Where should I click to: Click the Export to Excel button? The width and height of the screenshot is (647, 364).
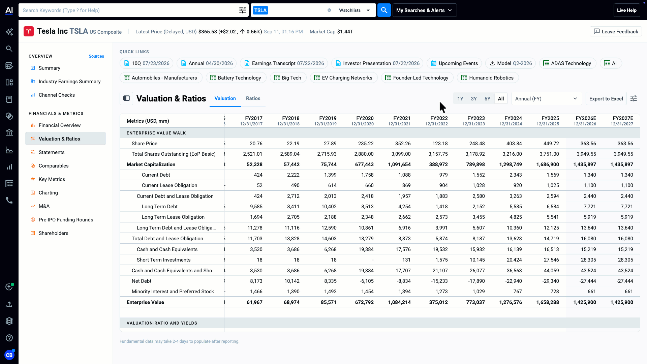[606, 98]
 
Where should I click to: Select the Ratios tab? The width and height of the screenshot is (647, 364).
[253, 98]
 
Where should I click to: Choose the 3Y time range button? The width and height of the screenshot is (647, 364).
[474, 98]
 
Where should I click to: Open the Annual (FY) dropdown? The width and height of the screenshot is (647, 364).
[547, 98]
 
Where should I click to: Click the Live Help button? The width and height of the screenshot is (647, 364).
[627, 10]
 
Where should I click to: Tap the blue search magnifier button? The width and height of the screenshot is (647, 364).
[384, 10]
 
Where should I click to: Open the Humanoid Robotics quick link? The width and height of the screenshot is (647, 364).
[488, 78]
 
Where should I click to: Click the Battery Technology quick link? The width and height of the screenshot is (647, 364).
[236, 78]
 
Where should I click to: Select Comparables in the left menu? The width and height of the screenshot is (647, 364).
[54, 166]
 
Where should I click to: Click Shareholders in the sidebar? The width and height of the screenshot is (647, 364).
[53, 233]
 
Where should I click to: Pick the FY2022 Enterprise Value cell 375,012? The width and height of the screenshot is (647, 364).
[438, 302]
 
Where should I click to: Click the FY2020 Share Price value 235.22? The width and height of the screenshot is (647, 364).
[366, 144]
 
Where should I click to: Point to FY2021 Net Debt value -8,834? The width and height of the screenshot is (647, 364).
[402, 281]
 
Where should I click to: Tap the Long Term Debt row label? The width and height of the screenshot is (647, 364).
[159, 207]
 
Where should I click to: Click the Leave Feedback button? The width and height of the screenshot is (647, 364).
[616, 31]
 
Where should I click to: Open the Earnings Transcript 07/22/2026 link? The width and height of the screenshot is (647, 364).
[284, 63]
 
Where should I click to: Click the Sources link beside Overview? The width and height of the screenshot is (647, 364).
[96, 56]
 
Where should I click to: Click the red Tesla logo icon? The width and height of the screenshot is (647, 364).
[29, 31]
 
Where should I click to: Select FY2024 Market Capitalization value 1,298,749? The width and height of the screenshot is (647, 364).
[511, 164]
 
